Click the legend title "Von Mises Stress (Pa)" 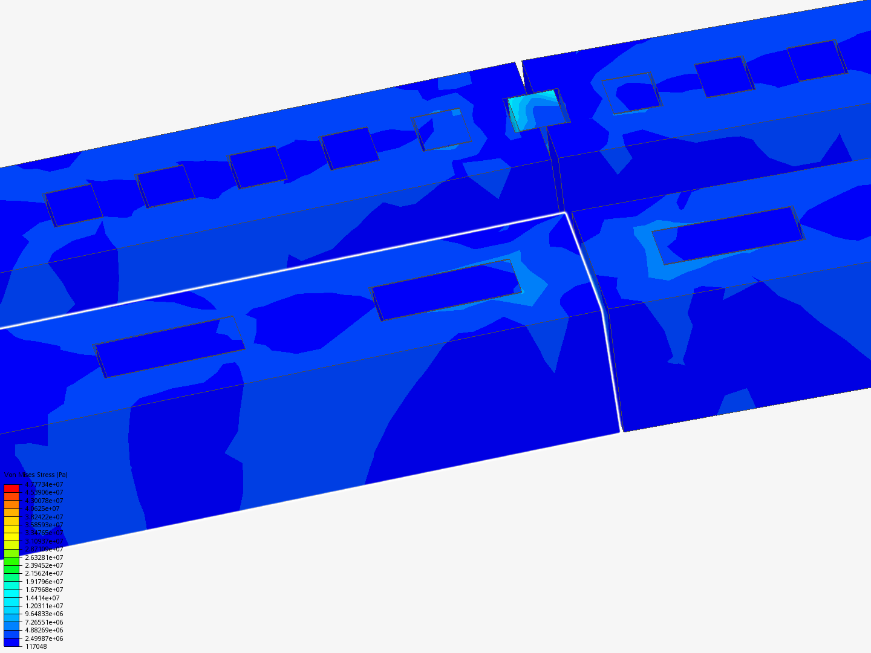(36, 475)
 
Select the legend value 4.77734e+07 (44, 484)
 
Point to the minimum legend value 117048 (36, 646)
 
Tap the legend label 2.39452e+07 (44, 565)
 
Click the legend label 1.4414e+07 (42, 598)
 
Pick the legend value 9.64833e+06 (44, 614)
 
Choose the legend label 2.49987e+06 (44, 638)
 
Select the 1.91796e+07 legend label (44, 582)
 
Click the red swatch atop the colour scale (11, 489)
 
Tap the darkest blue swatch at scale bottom (11, 642)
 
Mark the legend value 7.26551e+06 (44, 622)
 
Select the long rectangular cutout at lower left (170, 346)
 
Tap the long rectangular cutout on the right (728, 235)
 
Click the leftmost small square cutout (74, 205)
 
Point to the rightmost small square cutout (817, 60)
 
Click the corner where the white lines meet (564, 213)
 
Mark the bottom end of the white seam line (621, 430)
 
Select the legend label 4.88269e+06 (44, 630)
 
